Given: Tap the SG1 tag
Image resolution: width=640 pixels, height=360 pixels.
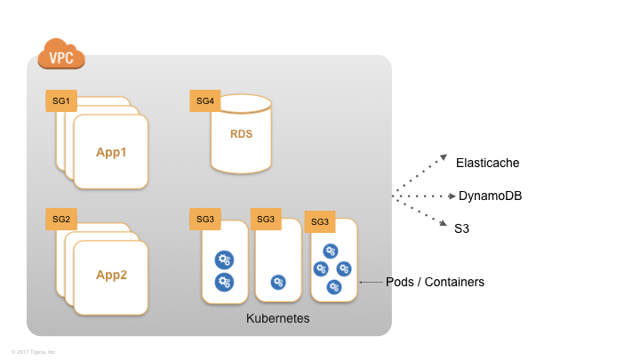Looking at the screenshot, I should pyautogui.click(x=61, y=100).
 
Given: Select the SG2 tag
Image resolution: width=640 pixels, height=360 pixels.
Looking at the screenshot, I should pyautogui.click(x=61, y=219).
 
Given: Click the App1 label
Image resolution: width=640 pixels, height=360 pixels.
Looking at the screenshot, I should pyautogui.click(x=112, y=152).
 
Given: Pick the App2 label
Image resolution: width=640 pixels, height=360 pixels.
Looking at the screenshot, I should pyautogui.click(x=112, y=275).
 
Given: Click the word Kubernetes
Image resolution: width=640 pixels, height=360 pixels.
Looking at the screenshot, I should pyautogui.click(x=277, y=318).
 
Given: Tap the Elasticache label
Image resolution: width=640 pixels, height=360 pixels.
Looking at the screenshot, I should pyautogui.click(x=487, y=163).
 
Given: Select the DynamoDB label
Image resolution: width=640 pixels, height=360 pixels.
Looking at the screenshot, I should pyautogui.click(x=489, y=196).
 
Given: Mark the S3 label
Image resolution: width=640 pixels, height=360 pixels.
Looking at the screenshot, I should pyautogui.click(x=462, y=228).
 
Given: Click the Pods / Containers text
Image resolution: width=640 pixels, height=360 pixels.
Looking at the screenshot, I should pyautogui.click(x=436, y=282).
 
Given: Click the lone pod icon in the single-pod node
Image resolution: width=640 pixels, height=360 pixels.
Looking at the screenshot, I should pyautogui.click(x=278, y=282).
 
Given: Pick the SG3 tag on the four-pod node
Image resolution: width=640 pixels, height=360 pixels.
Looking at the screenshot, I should pyautogui.click(x=320, y=221).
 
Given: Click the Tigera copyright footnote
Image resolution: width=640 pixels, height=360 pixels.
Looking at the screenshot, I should pyautogui.click(x=34, y=351).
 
